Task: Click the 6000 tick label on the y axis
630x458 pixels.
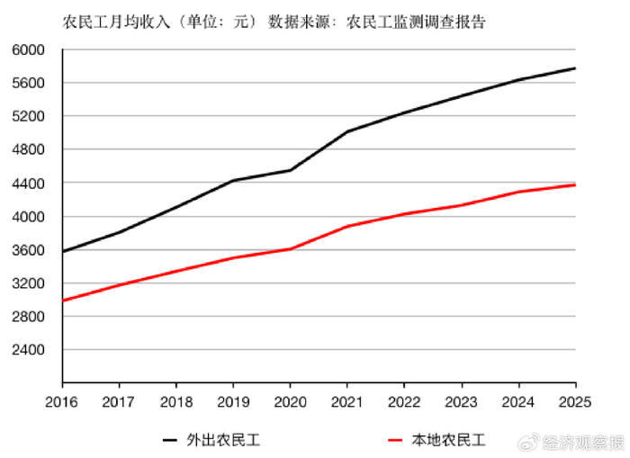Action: [28, 49]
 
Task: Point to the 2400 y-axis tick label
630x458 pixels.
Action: [28, 349]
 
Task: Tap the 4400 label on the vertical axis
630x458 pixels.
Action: [28, 184]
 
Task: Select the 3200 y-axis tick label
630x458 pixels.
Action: [28, 283]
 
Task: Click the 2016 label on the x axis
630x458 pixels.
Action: [61, 401]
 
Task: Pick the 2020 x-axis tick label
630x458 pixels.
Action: [290, 401]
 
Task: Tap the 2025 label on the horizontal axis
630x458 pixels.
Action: [575, 401]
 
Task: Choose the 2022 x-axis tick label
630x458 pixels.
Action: [404, 401]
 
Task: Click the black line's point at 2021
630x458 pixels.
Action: [347, 131]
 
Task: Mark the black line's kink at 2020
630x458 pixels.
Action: [290, 170]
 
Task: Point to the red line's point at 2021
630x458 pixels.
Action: [347, 226]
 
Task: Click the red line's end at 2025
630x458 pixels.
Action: [575, 184]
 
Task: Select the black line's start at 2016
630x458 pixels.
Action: [63, 252]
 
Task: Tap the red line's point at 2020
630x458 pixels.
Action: [290, 249]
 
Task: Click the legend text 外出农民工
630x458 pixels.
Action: [223, 440]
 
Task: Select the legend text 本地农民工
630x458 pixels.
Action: [448, 440]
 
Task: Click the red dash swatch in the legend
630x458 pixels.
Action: [395, 440]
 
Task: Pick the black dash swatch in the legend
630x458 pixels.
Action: [169, 440]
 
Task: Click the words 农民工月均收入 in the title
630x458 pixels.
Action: [116, 22]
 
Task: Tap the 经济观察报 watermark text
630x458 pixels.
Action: [583, 443]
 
